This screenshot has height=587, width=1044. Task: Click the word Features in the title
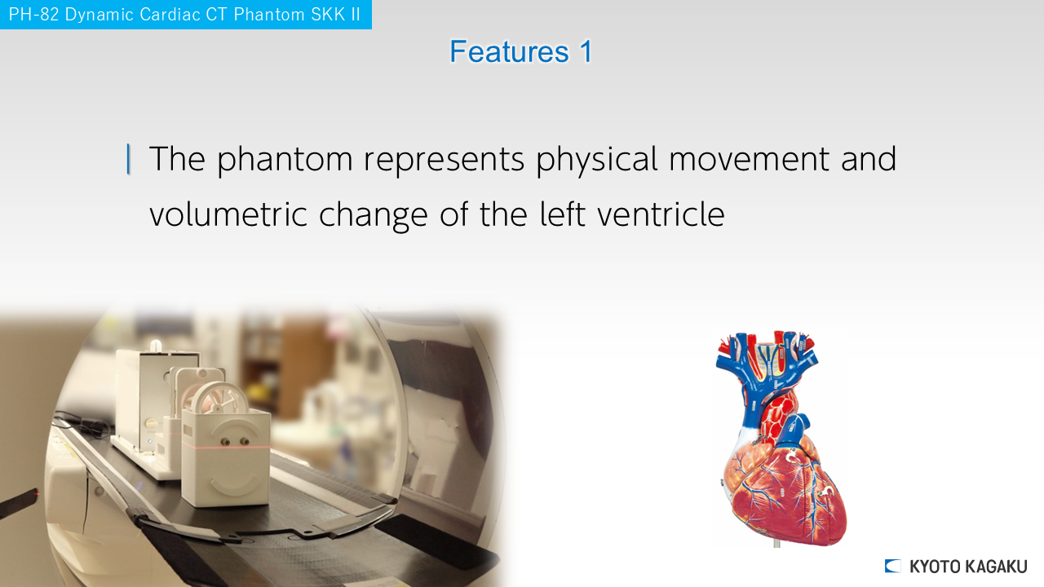coord(509,51)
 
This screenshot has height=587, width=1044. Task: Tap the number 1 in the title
coord(586,51)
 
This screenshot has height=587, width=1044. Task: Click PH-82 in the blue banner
coord(33,15)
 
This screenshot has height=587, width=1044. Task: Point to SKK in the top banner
coord(321,15)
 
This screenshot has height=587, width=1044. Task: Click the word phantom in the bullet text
coord(285,160)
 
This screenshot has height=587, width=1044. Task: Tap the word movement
coord(749,160)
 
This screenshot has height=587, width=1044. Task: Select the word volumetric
coord(228,214)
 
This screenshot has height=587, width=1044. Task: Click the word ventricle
coord(661,214)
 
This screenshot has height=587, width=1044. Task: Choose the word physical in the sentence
coord(596,160)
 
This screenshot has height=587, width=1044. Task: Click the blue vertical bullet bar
coord(128,159)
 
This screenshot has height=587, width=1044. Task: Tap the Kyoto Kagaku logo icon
coord(892,566)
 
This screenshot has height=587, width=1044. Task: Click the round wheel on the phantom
coord(220,399)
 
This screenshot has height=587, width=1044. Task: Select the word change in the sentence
coord(374,215)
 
